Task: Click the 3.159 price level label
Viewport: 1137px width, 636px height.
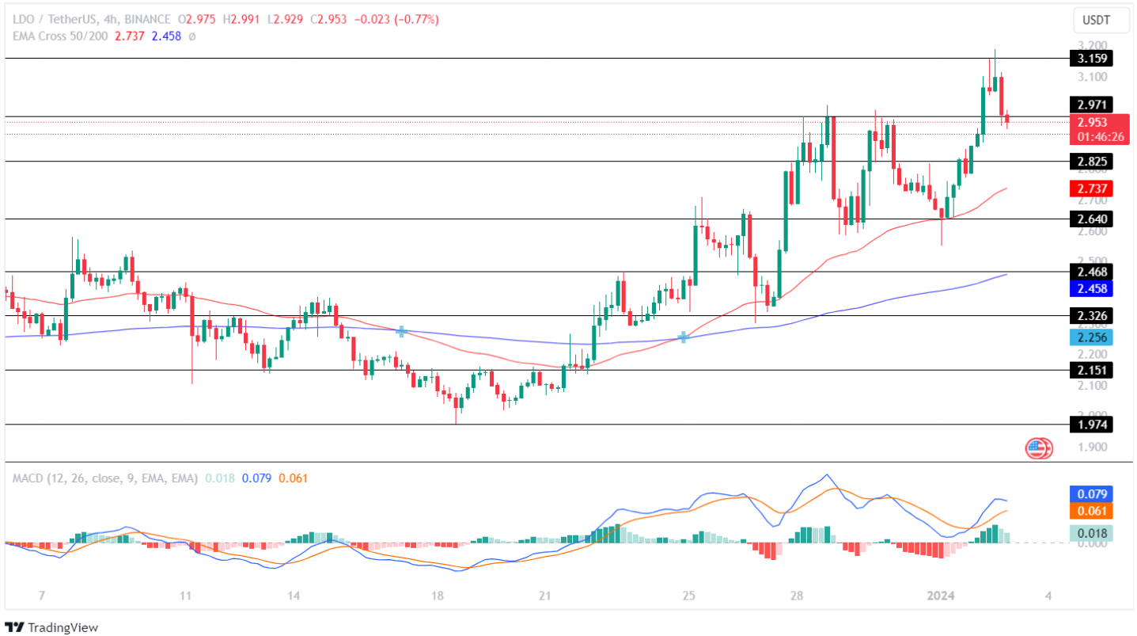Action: pos(1091,58)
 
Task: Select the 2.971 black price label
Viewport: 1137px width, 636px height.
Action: pos(1091,105)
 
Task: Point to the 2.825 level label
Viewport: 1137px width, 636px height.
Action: pos(1091,162)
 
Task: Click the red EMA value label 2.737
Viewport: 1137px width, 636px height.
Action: pos(1091,189)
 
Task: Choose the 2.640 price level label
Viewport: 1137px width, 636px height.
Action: pos(1091,219)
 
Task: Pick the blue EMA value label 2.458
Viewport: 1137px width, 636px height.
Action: pos(1091,288)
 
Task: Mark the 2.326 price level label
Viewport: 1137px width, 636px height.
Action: pos(1091,316)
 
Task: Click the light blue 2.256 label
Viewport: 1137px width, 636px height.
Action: pos(1091,337)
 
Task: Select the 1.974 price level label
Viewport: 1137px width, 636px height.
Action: pos(1091,425)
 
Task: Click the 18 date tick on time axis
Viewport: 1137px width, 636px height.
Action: pos(438,596)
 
